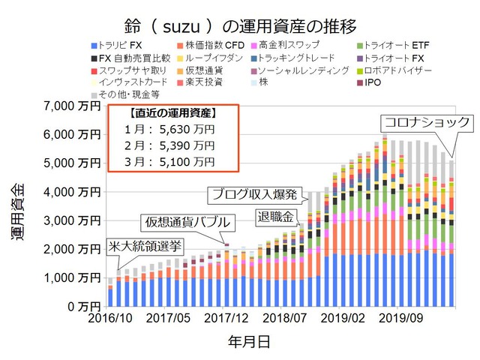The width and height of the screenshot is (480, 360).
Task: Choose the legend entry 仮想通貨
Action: pos(202,70)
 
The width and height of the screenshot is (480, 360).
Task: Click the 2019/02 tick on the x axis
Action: pos(344,319)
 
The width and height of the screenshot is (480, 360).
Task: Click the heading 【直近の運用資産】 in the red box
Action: pos(173,114)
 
